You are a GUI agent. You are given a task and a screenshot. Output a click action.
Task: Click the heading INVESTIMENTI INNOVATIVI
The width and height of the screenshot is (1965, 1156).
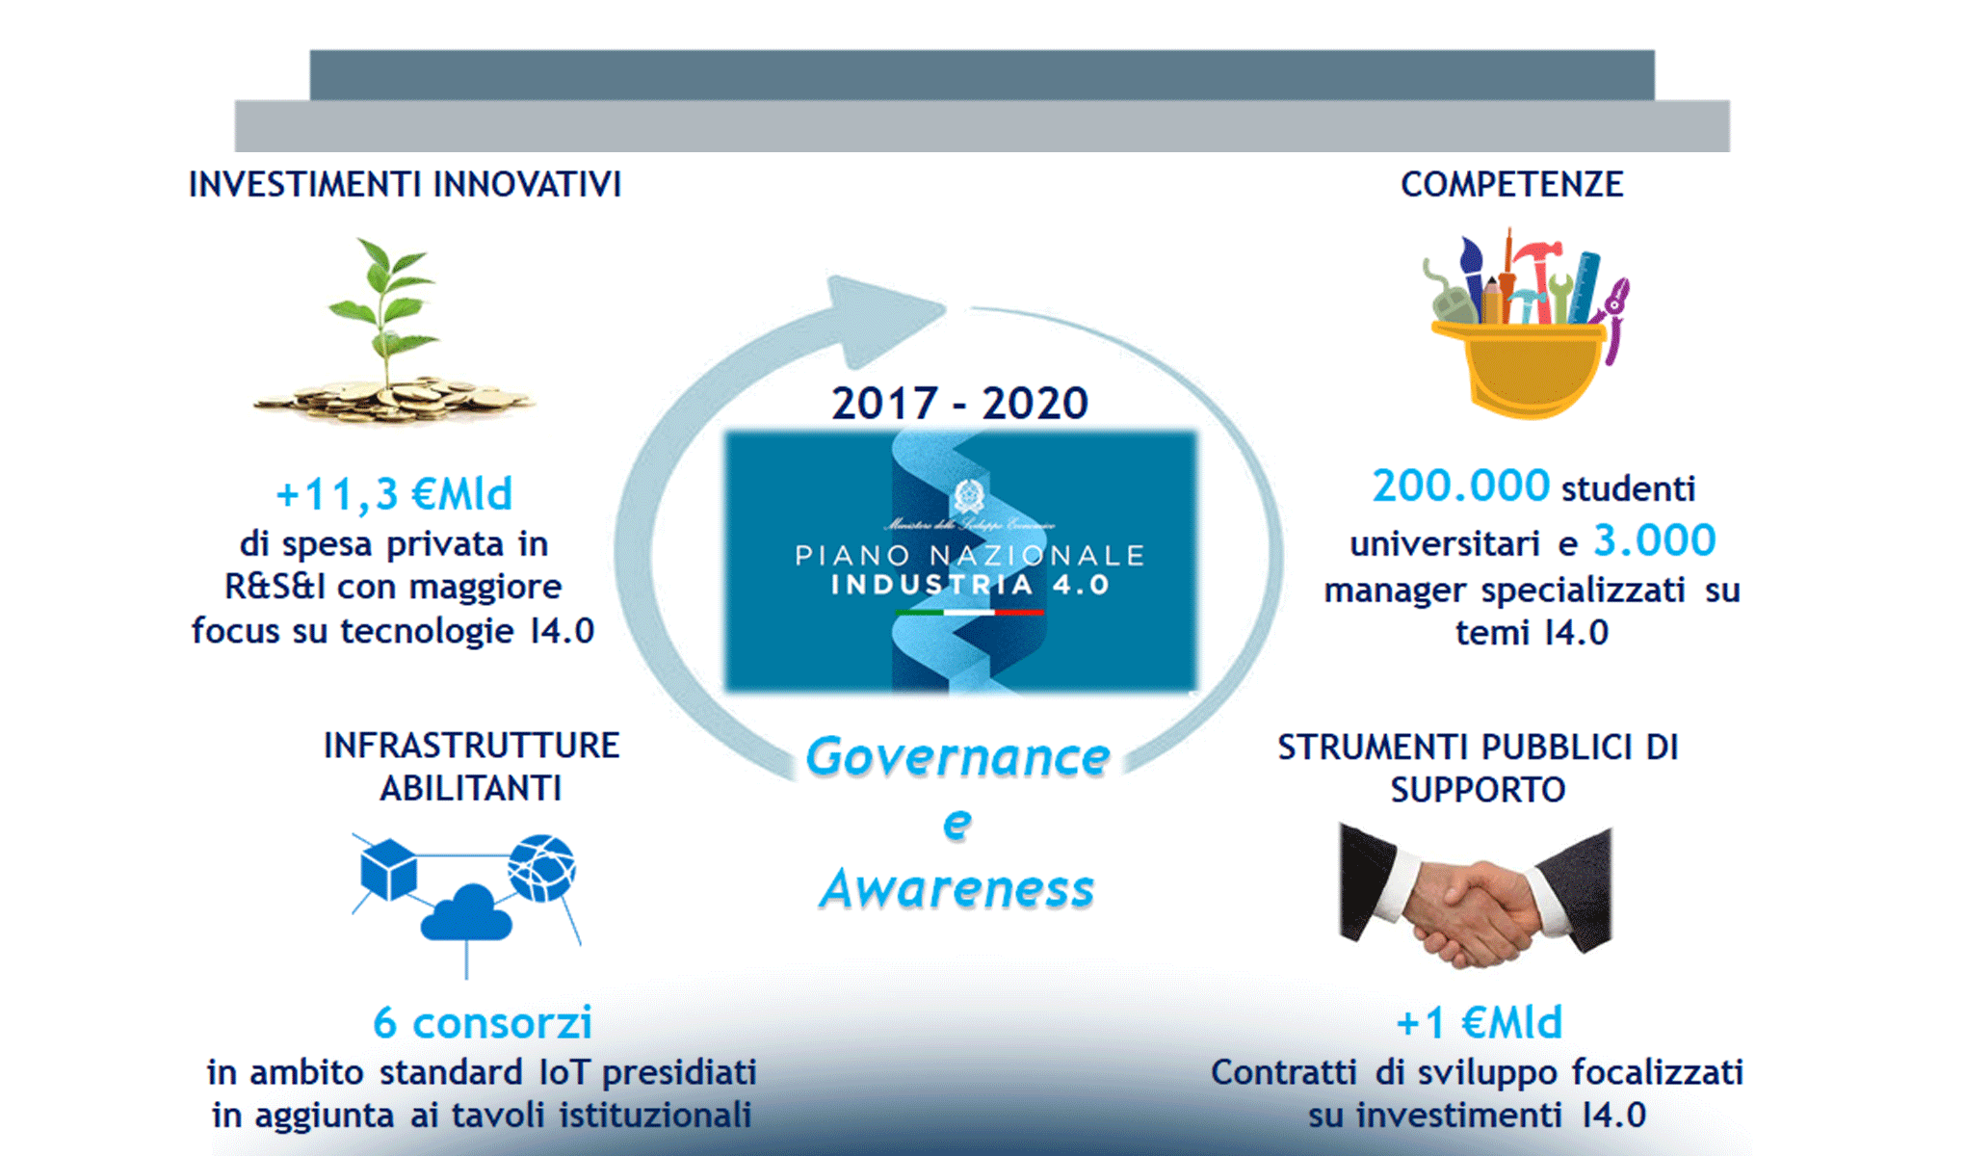[405, 184]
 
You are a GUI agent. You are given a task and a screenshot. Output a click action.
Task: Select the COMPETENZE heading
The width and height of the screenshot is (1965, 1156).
[1511, 184]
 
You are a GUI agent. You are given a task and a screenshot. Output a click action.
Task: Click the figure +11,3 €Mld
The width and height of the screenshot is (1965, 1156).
[394, 494]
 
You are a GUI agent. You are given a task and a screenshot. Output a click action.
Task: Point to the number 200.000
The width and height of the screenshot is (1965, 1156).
[1460, 486]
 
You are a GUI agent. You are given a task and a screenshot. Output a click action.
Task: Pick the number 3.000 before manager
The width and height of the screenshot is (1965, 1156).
[1654, 540]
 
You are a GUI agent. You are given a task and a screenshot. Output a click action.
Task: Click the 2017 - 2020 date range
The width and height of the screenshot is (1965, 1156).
[959, 403]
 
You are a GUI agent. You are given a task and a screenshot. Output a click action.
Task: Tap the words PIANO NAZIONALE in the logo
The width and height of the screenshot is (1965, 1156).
[969, 556]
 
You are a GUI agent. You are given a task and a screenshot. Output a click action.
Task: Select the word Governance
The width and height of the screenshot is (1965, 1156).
[957, 757]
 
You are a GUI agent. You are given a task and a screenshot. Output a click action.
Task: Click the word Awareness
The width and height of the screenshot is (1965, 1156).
[957, 888]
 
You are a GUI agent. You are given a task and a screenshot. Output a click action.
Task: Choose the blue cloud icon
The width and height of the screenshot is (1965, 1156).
[466, 913]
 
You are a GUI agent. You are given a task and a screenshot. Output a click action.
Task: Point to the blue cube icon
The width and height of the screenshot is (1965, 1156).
[388, 869]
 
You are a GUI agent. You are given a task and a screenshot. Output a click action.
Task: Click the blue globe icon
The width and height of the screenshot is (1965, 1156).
[542, 867]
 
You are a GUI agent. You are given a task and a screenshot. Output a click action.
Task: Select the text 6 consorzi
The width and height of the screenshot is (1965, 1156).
[482, 1023]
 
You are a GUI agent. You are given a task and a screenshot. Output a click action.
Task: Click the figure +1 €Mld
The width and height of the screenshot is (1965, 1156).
[1479, 1023]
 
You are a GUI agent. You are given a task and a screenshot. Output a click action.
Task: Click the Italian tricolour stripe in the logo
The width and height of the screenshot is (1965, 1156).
[969, 613]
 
